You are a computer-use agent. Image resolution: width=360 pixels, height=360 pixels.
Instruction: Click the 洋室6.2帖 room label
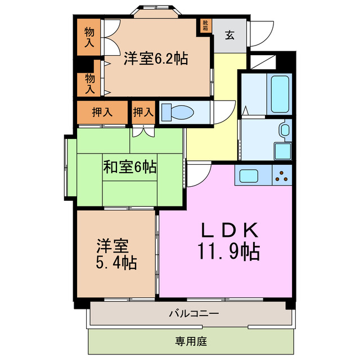pyautogui.click(x=156, y=58)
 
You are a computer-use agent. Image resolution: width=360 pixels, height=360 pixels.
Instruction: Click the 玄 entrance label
pyautogui.click(x=231, y=35)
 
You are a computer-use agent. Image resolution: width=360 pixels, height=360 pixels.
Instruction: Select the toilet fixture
pyautogui.click(x=177, y=111)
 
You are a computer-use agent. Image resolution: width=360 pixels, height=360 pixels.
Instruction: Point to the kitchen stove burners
pyautogui.click(x=282, y=176)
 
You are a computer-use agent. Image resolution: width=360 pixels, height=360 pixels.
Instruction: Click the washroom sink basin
pyautogui.click(x=284, y=132)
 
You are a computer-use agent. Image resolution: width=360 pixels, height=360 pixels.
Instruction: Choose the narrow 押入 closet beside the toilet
pyautogui.click(x=143, y=111)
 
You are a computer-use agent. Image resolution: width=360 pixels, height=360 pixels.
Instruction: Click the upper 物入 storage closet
pyautogui.click(x=89, y=37)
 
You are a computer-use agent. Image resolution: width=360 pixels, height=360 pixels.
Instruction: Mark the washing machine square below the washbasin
pyautogui.click(x=282, y=151)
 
